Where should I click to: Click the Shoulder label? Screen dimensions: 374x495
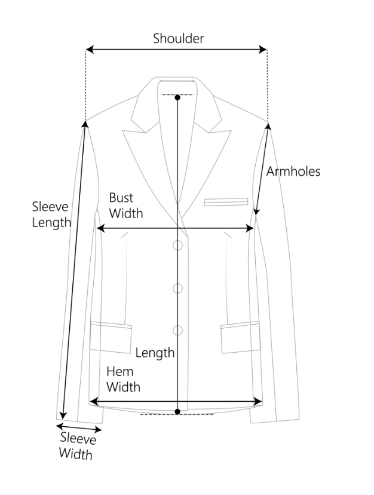pyautogui.click(x=178, y=39)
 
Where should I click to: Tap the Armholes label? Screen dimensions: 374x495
pyautogui.click(x=293, y=172)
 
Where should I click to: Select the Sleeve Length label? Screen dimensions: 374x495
pyautogui.click(x=51, y=215)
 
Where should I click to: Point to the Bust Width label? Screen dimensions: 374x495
pyautogui.click(x=125, y=205)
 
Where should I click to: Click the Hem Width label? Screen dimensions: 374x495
pyautogui.click(x=123, y=379)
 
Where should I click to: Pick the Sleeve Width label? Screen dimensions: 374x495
pyautogui.click(x=77, y=447)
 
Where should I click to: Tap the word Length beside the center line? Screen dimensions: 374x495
pyautogui.click(x=155, y=352)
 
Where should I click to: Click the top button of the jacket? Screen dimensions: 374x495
pyautogui.click(x=178, y=245)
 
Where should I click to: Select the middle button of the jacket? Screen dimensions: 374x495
pyautogui.click(x=178, y=288)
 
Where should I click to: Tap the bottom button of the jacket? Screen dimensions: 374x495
pyautogui.click(x=178, y=329)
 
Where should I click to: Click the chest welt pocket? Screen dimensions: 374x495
pyautogui.click(x=226, y=202)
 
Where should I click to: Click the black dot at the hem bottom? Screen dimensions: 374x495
pyautogui.click(x=178, y=411)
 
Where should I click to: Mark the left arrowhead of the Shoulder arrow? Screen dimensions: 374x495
pyautogui.click(x=88, y=50)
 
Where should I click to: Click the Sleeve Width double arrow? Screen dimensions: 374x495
pyautogui.click(x=79, y=427)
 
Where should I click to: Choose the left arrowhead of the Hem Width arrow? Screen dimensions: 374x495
pyautogui.click(x=93, y=401)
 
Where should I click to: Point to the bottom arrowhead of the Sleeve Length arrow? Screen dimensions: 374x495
pyautogui.click(x=64, y=416)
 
